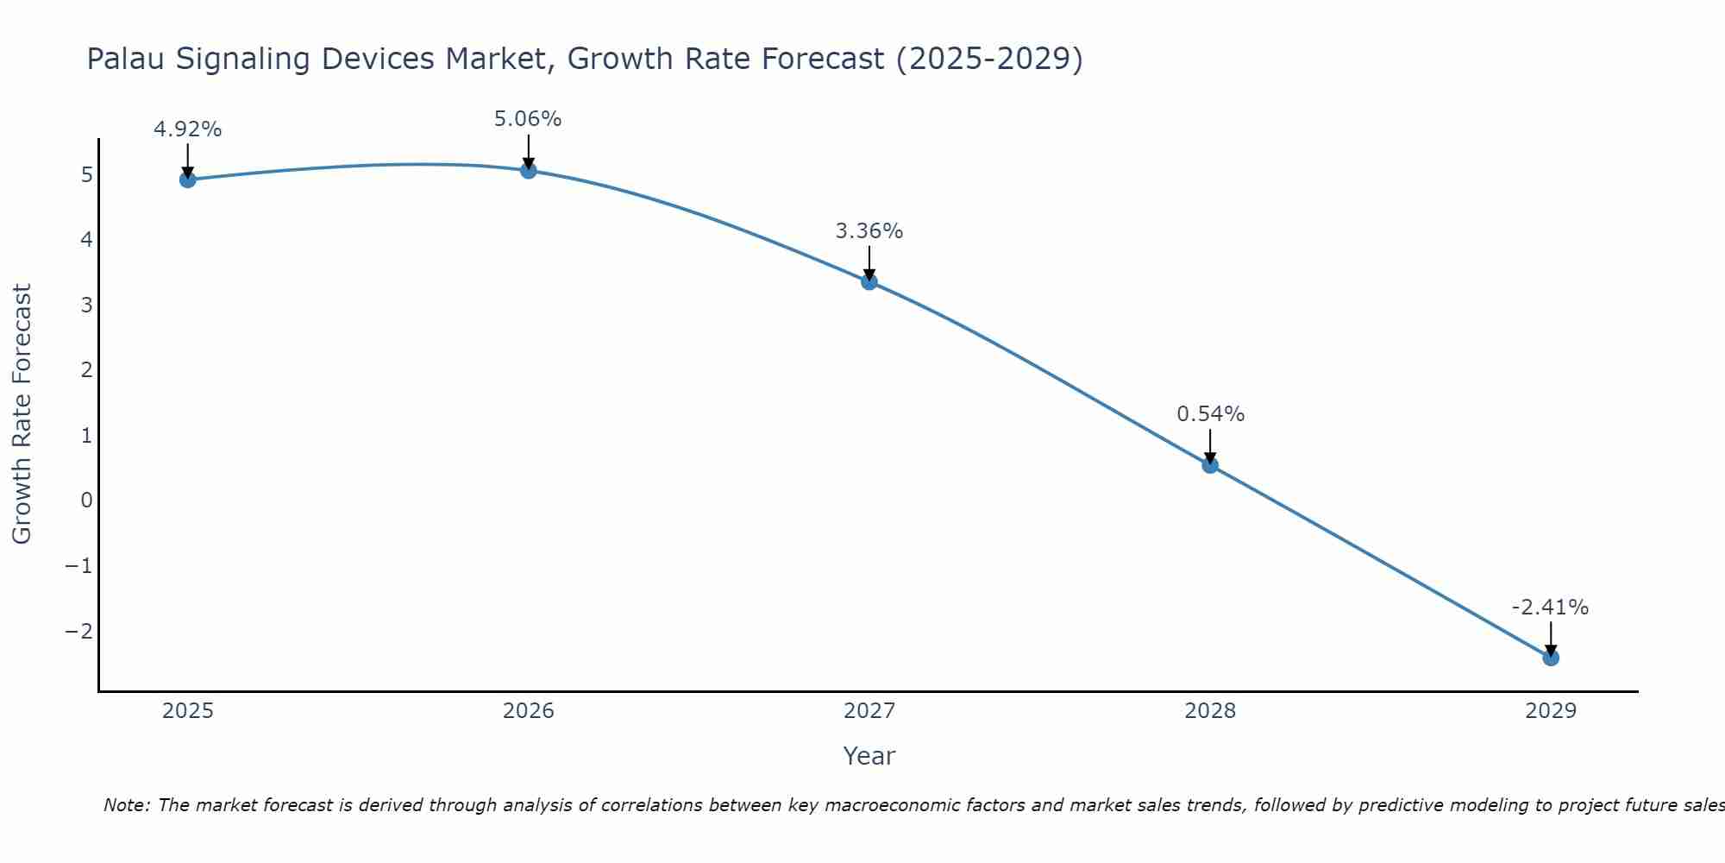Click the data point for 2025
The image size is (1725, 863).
click(x=188, y=180)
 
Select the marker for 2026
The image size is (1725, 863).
click(x=529, y=170)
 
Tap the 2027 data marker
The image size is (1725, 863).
click(x=869, y=281)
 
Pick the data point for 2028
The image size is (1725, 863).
click(x=1210, y=465)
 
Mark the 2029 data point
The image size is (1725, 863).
click(x=1551, y=658)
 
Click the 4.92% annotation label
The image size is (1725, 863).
click(x=188, y=129)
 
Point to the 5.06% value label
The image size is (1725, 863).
click(x=528, y=119)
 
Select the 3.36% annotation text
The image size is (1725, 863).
click(x=869, y=231)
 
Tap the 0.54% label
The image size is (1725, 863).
click(x=1211, y=414)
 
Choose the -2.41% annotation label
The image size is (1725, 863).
click(x=1550, y=608)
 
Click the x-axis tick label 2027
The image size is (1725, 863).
click(x=869, y=711)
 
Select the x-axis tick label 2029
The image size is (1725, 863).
click(x=1551, y=711)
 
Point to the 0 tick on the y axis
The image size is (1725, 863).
click(x=86, y=501)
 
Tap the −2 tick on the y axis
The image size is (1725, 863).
click(x=79, y=631)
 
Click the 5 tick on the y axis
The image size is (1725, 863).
click(x=86, y=175)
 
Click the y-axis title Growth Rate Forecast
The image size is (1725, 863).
click(x=22, y=413)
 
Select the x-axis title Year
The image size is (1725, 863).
click(x=869, y=756)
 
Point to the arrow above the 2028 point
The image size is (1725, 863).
click(x=1210, y=444)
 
